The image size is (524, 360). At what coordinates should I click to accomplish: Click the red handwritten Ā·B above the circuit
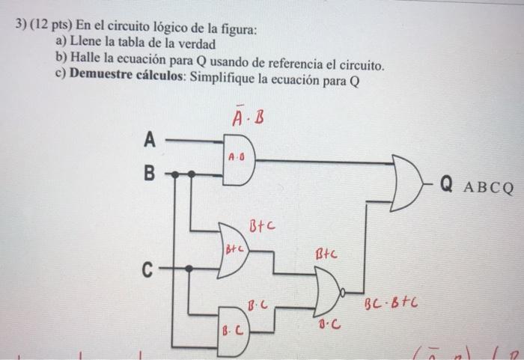pos(247,118)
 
